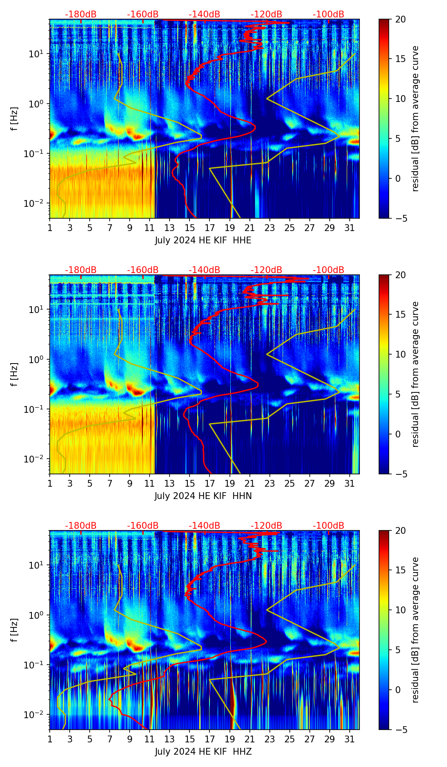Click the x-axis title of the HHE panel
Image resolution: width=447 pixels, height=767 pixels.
(x=203, y=240)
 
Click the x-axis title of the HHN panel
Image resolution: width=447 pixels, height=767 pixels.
(x=203, y=496)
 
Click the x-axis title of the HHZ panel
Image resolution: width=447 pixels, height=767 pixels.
(x=203, y=752)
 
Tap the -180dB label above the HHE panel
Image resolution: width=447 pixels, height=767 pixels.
(x=81, y=14)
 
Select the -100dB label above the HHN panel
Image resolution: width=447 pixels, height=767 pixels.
(x=328, y=270)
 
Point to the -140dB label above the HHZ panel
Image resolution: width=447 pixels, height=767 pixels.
(x=204, y=526)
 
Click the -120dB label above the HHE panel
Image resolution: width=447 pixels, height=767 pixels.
(x=266, y=14)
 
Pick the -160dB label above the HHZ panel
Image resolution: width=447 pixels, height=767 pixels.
(x=143, y=526)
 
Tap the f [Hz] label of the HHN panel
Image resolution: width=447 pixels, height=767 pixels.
(x=15, y=374)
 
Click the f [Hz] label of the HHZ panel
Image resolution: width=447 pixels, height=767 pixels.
(x=15, y=630)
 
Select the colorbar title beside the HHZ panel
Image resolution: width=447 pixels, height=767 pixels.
(x=415, y=630)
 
